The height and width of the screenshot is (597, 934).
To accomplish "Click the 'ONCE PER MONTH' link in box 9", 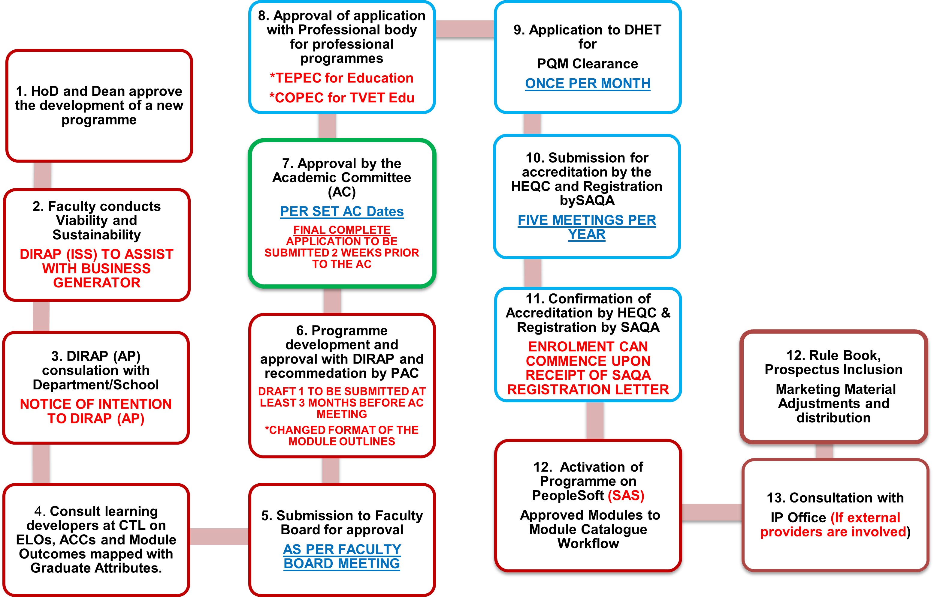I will coord(587,83).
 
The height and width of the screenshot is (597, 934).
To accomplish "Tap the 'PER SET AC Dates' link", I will coord(342,211).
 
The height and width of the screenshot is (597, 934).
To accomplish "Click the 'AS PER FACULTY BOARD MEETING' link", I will coord(342,556).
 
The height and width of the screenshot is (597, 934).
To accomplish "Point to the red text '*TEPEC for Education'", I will coord(342,78).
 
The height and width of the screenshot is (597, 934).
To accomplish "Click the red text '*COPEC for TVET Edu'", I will coord(342,98).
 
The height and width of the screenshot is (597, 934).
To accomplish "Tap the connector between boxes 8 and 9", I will coord(465,29).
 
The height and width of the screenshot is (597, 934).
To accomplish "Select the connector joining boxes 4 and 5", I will coord(219,536).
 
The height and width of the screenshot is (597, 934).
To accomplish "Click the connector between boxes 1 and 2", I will coord(42,175).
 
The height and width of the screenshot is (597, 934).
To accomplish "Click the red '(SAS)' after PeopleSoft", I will coord(626,495).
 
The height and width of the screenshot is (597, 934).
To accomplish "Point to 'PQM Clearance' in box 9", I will coord(587,64).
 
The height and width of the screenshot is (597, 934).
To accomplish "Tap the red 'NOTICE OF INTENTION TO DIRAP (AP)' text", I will coord(96,411).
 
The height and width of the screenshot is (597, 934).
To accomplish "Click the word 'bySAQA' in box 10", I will coord(587,200).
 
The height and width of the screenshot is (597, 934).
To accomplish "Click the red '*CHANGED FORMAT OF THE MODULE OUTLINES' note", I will coord(342,436).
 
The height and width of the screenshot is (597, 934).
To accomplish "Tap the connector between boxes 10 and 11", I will coord(533,273).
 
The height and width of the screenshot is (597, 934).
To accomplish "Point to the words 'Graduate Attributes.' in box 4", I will coord(96,568).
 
